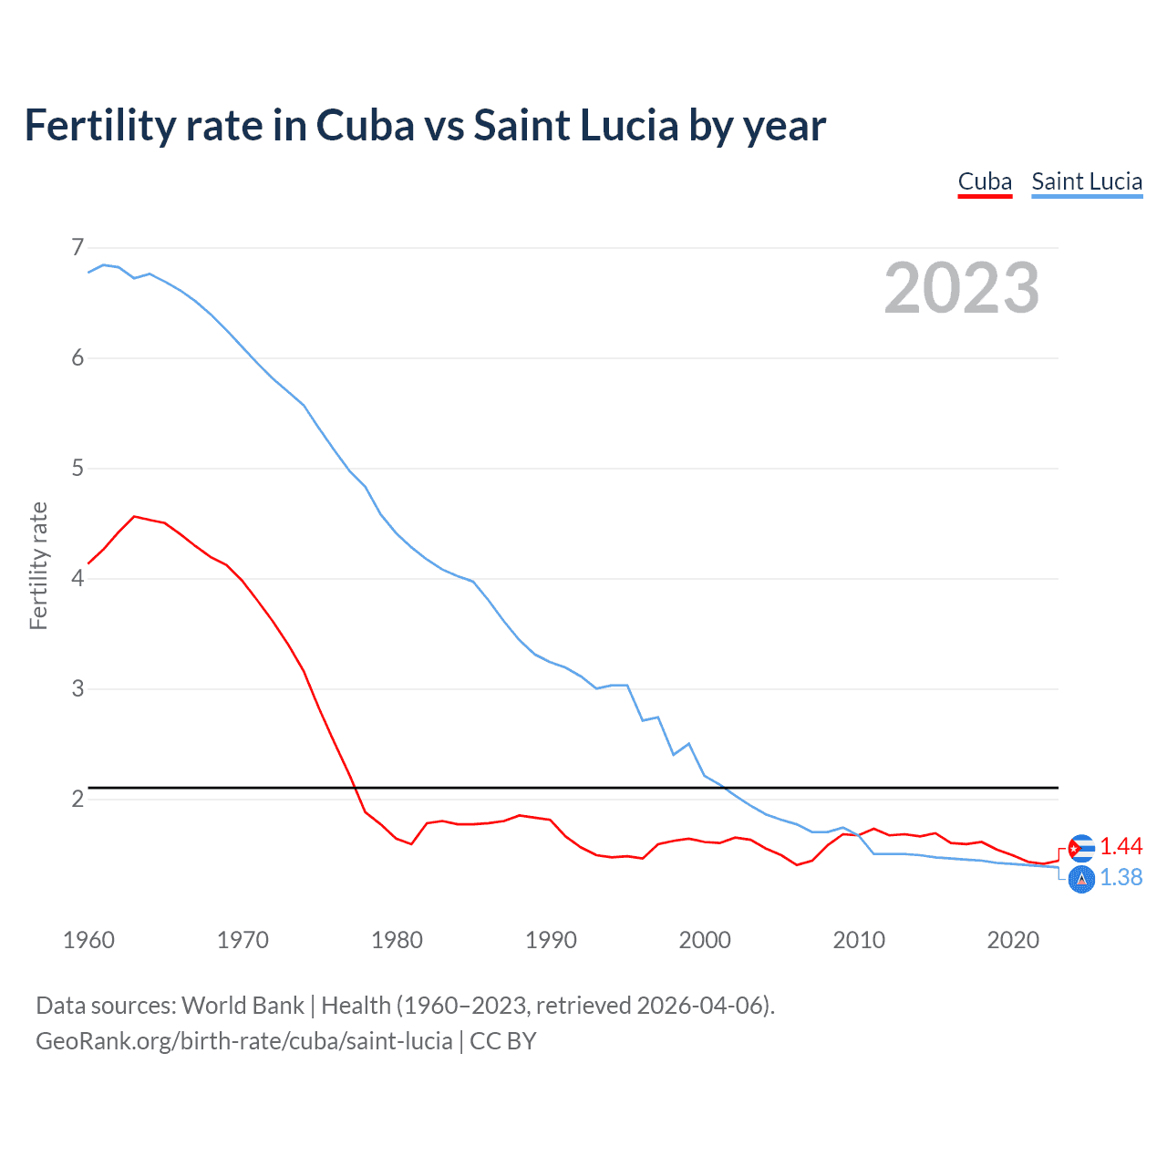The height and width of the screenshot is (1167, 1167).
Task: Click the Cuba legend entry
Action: tap(985, 181)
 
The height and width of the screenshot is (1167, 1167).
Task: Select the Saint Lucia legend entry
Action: tap(1087, 181)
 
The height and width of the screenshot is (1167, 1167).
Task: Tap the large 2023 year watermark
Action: tap(962, 288)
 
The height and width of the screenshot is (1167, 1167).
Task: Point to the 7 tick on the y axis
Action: tap(77, 247)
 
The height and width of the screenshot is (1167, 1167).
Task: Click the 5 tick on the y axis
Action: tap(77, 468)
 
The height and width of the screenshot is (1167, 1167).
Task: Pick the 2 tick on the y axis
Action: tap(77, 799)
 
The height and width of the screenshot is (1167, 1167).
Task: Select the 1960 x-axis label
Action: tap(88, 940)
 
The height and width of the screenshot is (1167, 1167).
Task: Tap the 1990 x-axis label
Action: tap(551, 940)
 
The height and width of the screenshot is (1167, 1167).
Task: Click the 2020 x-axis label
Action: tap(1013, 940)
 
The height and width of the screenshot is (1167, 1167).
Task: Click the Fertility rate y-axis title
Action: tap(38, 565)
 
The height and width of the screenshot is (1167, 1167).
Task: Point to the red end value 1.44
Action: tap(1121, 847)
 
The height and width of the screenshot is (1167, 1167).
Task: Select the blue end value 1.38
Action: tap(1121, 877)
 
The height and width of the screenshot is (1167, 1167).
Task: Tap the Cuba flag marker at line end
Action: tap(1081, 848)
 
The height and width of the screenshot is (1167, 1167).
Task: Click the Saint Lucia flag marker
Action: tap(1081, 880)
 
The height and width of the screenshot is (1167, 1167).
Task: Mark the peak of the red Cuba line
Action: tap(135, 517)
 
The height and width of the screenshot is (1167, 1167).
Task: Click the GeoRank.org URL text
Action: tap(244, 1041)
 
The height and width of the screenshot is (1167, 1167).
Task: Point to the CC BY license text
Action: tap(502, 1041)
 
